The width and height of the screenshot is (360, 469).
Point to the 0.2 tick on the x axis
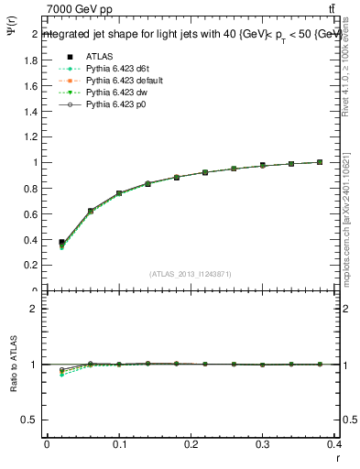pyautogui.click(x=191, y=446)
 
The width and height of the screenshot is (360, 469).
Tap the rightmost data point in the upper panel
pyautogui.click(x=320, y=162)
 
